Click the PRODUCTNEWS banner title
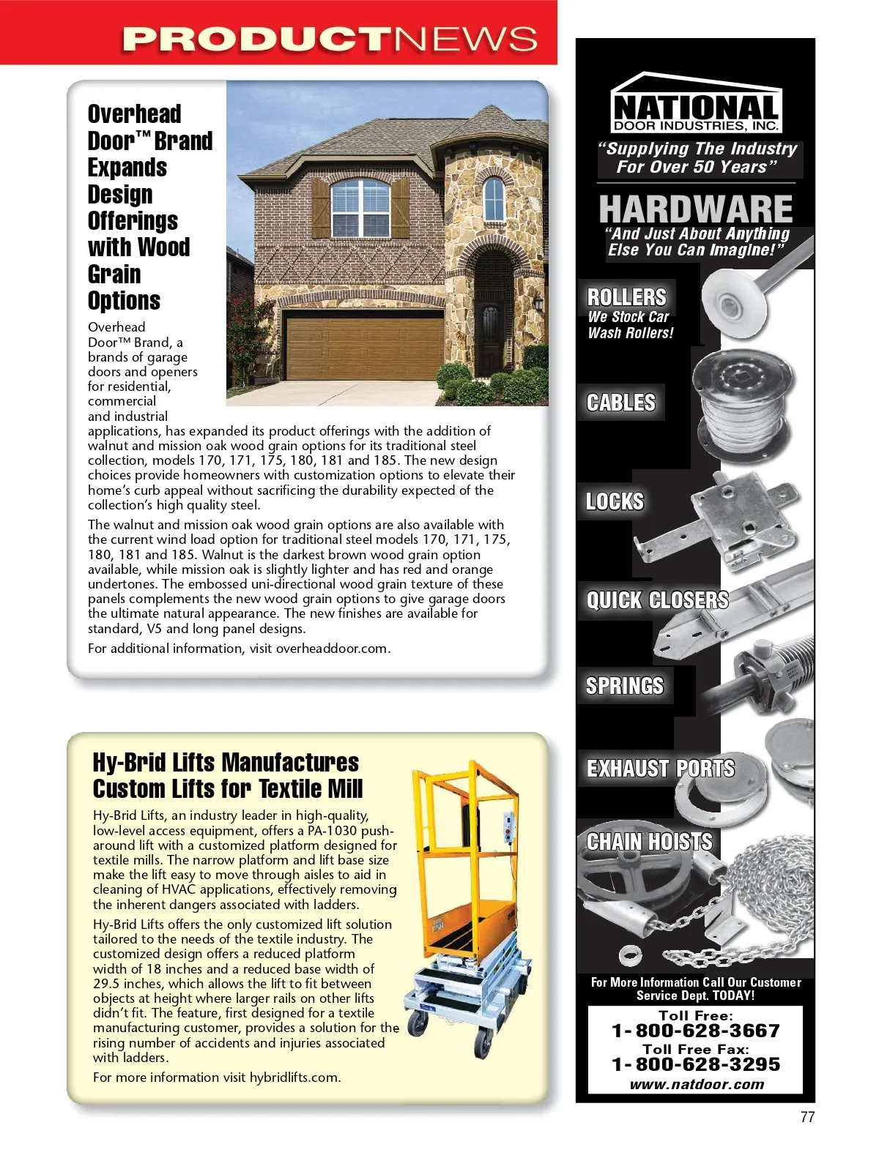click(x=330, y=40)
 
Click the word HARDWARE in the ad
click(x=695, y=209)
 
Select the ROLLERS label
click(x=627, y=297)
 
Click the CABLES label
click(x=621, y=403)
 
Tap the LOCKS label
click(x=615, y=501)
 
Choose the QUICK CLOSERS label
click(x=657, y=600)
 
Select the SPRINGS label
click(x=624, y=686)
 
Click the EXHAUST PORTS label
click(x=660, y=769)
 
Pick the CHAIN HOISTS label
click(x=649, y=842)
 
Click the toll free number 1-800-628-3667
click(x=695, y=1031)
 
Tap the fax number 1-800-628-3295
click(x=695, y=1064)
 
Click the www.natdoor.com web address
click(x=696, y=1084)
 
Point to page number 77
click(x=807, y=1118)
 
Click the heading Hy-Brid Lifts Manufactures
click(x=226, y=763)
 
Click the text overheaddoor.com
click(x=332, y=649)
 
